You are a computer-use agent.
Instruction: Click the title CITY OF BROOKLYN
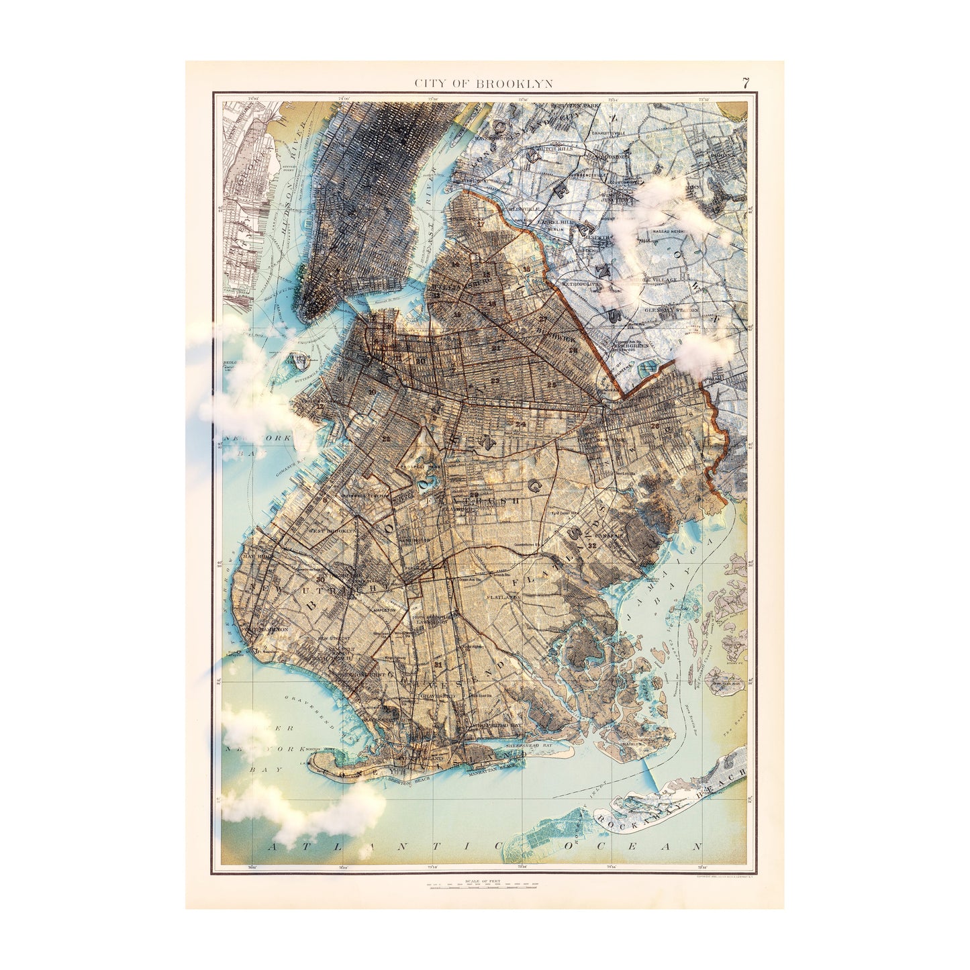pyautogui.click(x=483, y=84)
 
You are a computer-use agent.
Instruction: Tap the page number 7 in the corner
pyautogui.click(x=746, y=83)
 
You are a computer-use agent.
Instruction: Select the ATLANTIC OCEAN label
pyautogui.click(x=483, y=846)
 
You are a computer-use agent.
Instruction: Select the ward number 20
pyautogui.click(x=421, y=360)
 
